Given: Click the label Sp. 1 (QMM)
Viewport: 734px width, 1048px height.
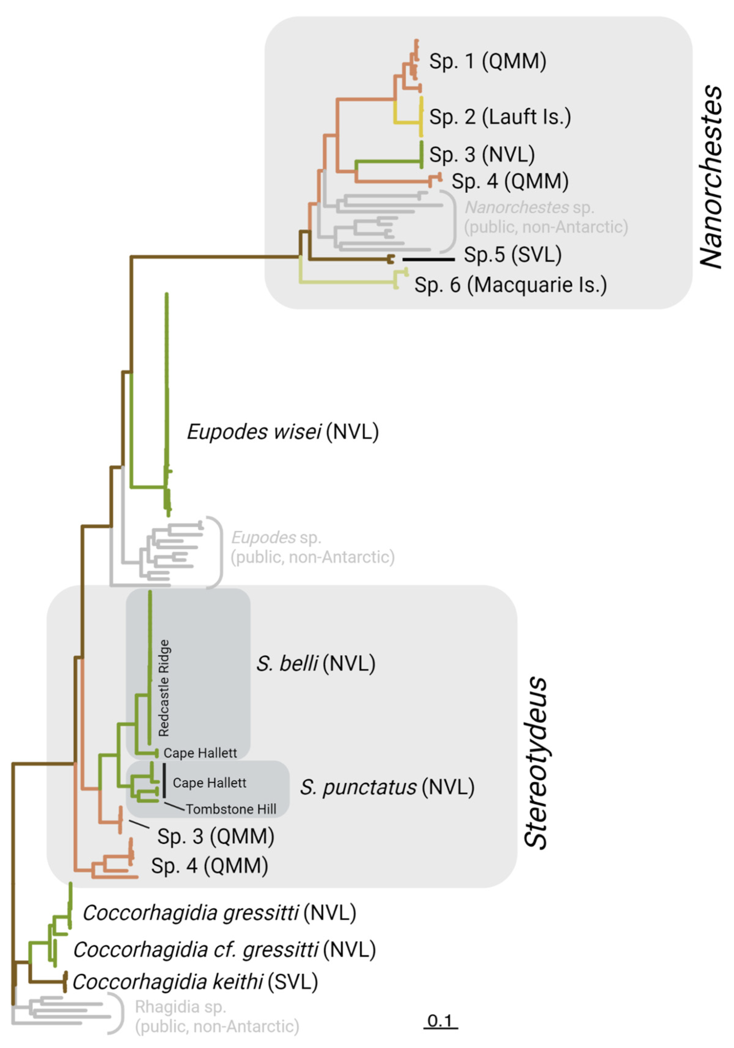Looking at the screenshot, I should point(487,61).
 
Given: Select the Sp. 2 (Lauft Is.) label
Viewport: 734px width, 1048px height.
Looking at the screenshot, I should point(500,117).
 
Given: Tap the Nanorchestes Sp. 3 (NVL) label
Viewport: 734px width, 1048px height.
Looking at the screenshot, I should point(482,154).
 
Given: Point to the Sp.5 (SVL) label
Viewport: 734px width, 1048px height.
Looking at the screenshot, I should point(512,255).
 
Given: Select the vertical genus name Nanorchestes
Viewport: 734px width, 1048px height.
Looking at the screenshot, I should point(711,177).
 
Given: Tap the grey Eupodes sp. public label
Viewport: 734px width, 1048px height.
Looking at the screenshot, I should point(312,547).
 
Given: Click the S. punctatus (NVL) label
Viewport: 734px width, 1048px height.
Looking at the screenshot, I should point(387,787).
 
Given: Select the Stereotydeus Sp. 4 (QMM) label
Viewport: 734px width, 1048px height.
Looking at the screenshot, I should point(209,866).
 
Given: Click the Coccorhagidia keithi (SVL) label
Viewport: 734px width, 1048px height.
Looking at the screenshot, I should point(195,982).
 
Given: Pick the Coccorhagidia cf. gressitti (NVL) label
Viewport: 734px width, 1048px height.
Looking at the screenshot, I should point(224,950).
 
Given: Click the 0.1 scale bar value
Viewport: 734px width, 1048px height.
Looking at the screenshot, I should point(440,1020).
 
